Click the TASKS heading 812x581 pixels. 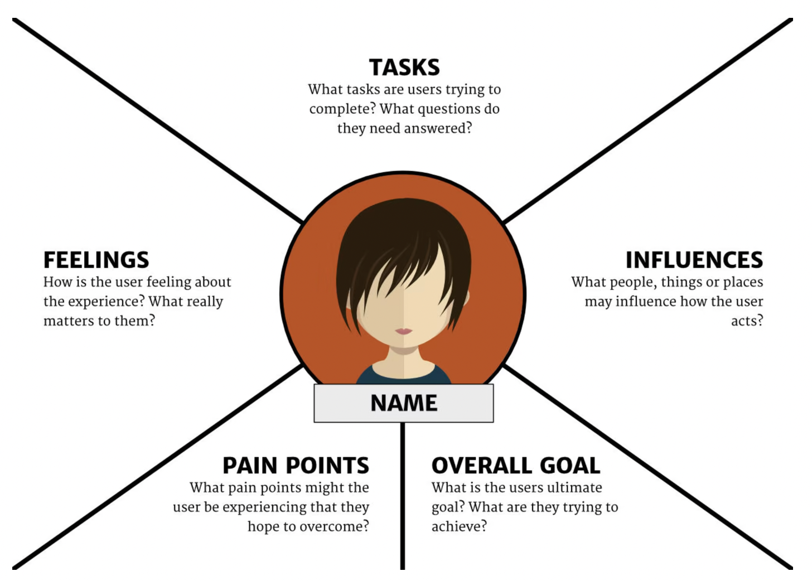[x=404, y=67]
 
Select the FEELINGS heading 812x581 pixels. [x=96, y=260]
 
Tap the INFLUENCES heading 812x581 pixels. [x=694, y=260]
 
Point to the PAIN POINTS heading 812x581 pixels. [x=296, y=466]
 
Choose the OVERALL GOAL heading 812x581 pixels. [x=516, y=466]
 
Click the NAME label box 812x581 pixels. [x=404, y=403]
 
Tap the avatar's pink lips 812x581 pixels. [x=404, y=331]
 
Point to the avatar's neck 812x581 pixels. [x=404, y=360]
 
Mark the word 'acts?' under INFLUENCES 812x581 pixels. [x=747, y=321]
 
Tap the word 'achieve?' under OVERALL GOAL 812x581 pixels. [x=459, y=526]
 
